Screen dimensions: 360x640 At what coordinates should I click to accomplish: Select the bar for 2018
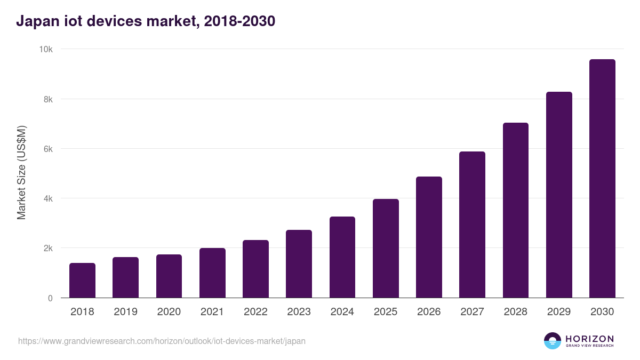click(82, 281)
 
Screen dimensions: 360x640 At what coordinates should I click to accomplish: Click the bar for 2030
click(602, 179)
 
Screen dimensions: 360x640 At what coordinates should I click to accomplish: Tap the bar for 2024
click(342, 257)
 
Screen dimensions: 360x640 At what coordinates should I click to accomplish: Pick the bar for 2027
click(472, 225)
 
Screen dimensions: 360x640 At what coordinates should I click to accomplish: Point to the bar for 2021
click(212, 273)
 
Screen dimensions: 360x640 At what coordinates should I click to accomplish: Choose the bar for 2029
click(559, 195)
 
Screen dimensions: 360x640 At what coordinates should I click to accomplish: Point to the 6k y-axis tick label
click(47, 149)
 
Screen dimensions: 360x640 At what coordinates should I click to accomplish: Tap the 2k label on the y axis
click(47, 249)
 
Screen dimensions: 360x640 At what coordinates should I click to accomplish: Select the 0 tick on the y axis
click(50, 298)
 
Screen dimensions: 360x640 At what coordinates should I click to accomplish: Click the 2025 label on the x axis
click(386, 312)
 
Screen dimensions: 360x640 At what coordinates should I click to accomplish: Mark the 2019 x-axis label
click(125, 312)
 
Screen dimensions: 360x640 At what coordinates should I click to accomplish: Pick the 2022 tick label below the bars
click(255, 312)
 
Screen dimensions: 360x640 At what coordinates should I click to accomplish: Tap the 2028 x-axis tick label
click(516, 312)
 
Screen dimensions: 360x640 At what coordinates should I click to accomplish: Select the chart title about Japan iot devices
click(146, 21)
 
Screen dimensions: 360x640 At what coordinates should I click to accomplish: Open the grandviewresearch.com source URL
click(162, 341)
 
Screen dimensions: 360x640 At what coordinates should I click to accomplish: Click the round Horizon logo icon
click(553, 341)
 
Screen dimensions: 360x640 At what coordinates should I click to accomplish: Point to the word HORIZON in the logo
click(589, 339)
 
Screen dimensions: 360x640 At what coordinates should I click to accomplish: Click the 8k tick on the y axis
click(47, 99)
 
